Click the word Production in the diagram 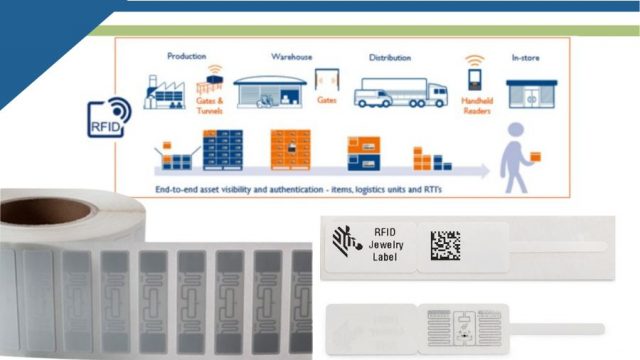pos(186,56)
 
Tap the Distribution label pos(389,57)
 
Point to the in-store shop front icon pos(530,93)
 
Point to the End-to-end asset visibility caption pos(270,187)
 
